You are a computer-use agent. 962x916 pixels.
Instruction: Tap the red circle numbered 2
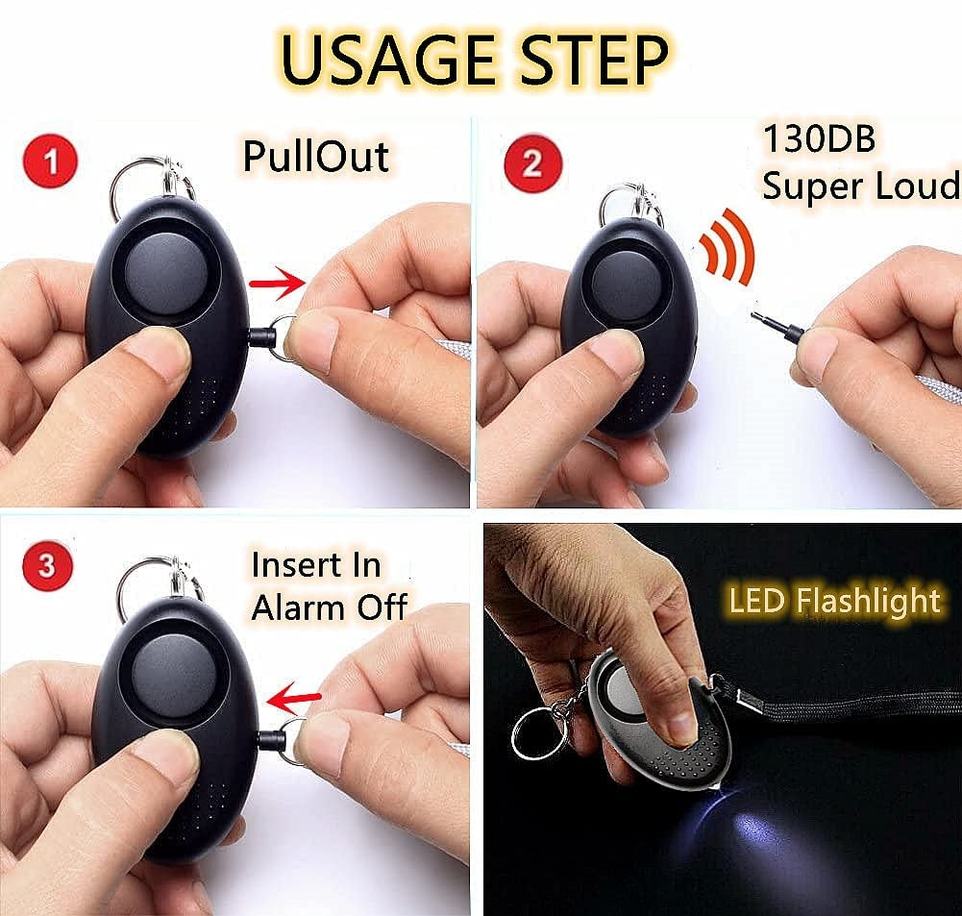click(532, 163)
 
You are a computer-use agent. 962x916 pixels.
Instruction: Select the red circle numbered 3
click(47, 564)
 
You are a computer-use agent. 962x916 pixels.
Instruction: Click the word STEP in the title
click(593, 60)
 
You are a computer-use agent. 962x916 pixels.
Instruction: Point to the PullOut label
click(315, 156)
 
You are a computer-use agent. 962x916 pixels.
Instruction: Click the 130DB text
click(819, 138)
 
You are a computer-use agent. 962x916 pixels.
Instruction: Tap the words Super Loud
click(860, 185)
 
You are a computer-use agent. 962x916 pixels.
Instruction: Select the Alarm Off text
click(329, 607)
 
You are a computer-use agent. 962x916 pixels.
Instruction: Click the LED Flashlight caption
click(834, 600)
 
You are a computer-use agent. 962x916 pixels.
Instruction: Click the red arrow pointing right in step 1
click(278, 284)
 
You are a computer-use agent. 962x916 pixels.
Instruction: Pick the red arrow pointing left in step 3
click(293, 698)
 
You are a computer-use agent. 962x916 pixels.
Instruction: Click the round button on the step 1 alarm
click(167, 270)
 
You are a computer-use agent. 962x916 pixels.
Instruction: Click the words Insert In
click(316, 565)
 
